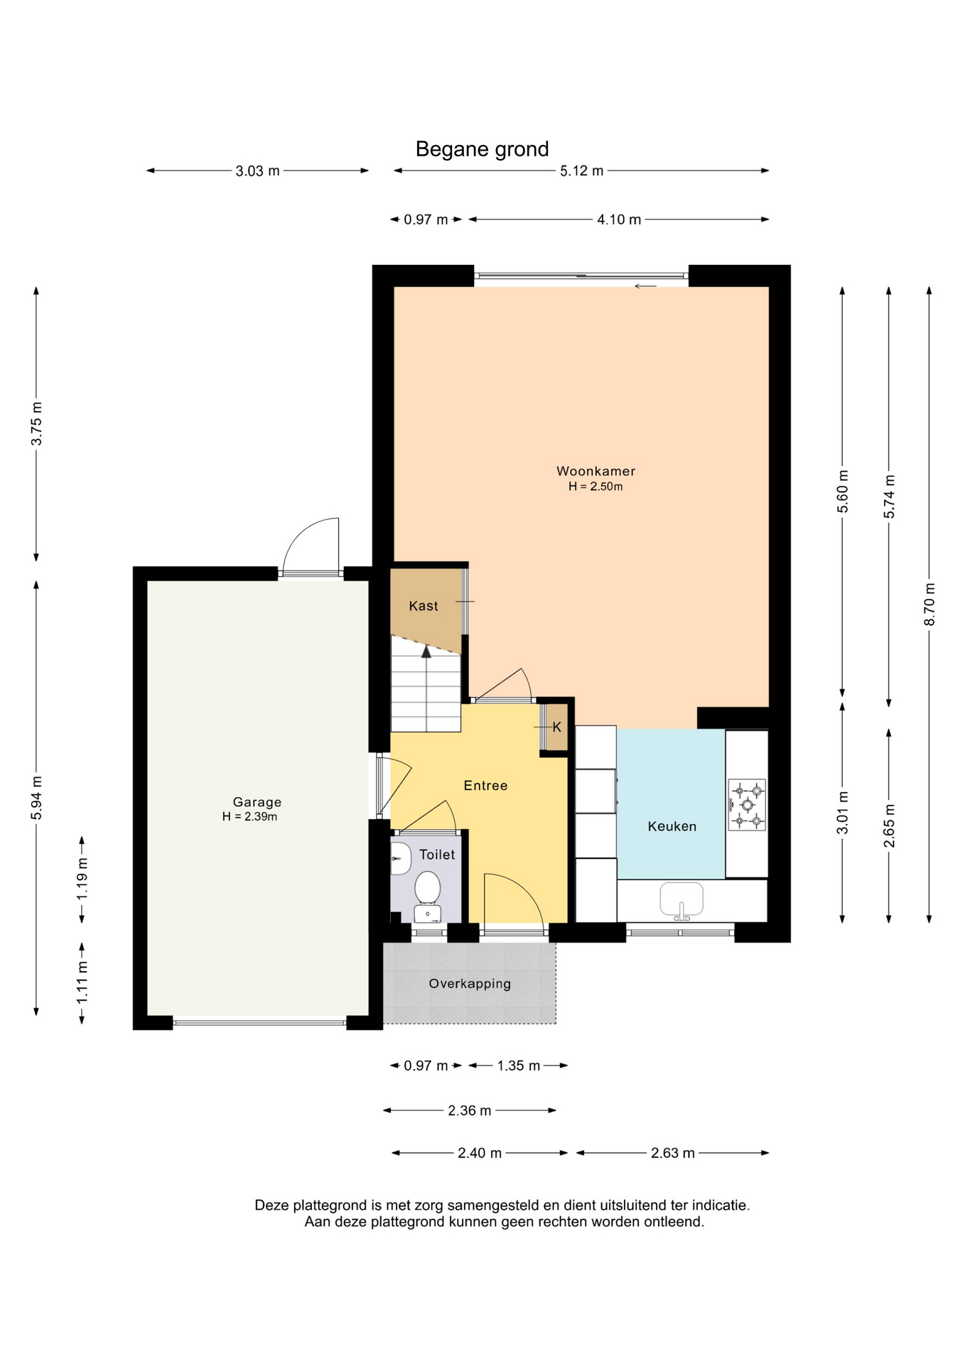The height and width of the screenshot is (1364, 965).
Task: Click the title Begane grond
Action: point(482,149)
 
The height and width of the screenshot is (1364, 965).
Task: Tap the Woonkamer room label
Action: point(595,471)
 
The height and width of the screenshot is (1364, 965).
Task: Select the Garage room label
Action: point(257,802)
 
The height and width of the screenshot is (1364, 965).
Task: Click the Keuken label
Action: point(672,826)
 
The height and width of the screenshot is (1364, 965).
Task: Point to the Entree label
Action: point(485,785)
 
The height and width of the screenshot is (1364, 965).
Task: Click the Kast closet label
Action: point(424,606)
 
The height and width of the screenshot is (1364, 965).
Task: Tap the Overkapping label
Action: point(470,984)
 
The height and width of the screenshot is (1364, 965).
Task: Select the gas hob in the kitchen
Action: point(747,805)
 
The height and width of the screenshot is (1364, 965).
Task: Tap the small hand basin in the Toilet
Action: point(400,859)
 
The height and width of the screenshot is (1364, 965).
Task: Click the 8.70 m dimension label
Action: point(929,605)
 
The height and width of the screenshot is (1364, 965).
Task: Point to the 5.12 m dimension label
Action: point(581,170)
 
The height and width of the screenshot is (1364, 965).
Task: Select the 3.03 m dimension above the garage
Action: point(257,170)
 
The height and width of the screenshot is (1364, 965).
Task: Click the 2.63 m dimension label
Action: point(672,1153)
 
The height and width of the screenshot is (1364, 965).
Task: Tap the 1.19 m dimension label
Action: point(82,879)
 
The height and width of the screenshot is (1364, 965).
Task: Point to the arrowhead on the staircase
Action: point(426,651)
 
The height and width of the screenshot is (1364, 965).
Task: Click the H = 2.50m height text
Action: point(595,487)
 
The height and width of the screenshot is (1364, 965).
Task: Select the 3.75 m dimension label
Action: point(37,424)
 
